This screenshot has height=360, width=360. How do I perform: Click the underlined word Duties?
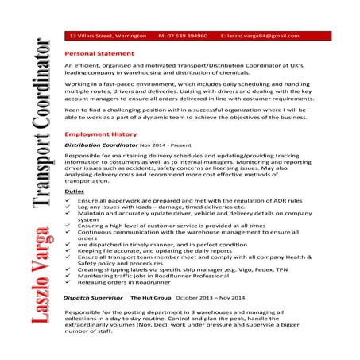[73, 192]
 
